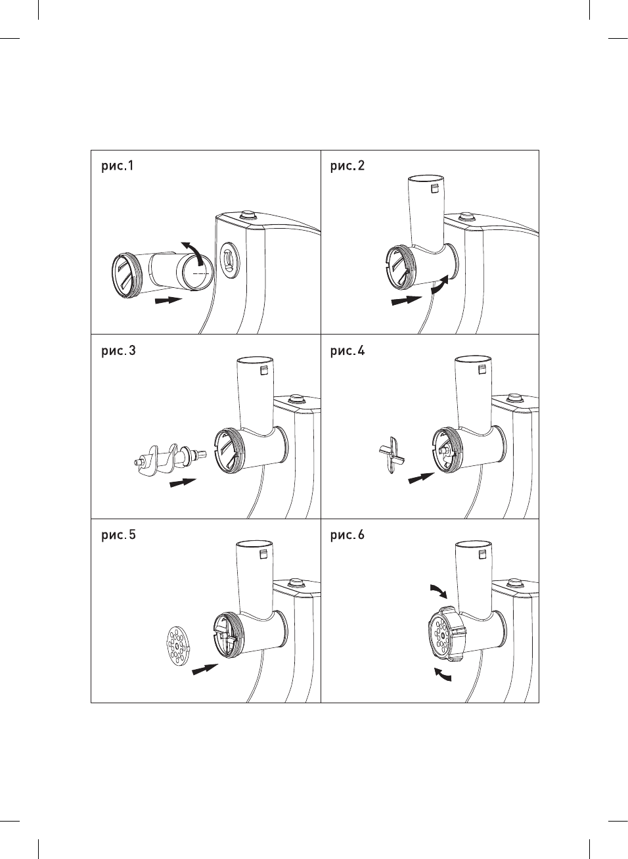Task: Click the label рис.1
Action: click(118, 166)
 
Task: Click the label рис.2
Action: click(348, 166)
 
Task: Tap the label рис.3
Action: click(118, 350)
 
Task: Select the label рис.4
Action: click(348, 350)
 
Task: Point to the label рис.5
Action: click(118, 534)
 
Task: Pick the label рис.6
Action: click(348, 534)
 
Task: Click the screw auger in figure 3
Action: click(168, 459)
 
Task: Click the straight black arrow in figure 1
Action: click(168, 300)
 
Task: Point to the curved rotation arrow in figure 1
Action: click(193, 250)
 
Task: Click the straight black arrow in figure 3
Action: click(183, 483)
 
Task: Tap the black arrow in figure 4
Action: click(421, 478)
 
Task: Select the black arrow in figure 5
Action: click(205, 670)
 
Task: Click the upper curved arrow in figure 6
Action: click(438, 591)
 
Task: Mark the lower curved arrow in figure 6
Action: click(442, 675)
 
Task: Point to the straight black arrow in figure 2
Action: click(407, 300)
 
